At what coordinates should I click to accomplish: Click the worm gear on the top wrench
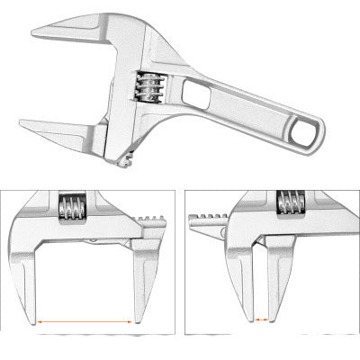click(x=148, y=87)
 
